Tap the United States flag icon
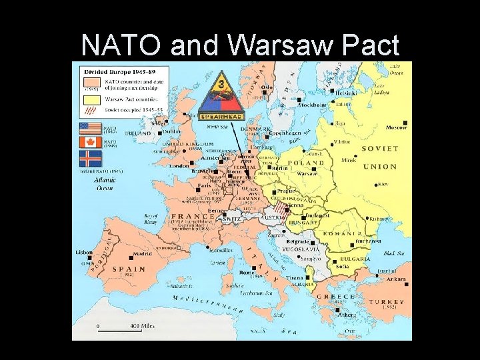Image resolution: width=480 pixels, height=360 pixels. pyautogui.click(x=89, y=129)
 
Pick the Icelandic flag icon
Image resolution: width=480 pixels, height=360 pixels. pyautogui.click(x=89, y=158)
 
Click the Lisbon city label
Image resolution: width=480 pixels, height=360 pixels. pyautogui.click(x=84, y=252)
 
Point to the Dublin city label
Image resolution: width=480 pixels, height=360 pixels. pyautogui.click(x=171, y=131)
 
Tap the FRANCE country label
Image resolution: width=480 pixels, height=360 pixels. pyautogui.click(x=192, y=217)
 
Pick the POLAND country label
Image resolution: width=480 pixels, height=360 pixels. pyautogui.click(x=305, y=162)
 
